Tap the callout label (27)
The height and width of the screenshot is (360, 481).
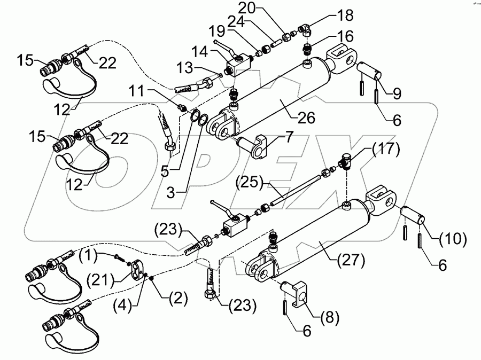pyautogui.click(x=350, y=262)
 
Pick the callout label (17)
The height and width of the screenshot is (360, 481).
pyautogui.click(x=383, y=149)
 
